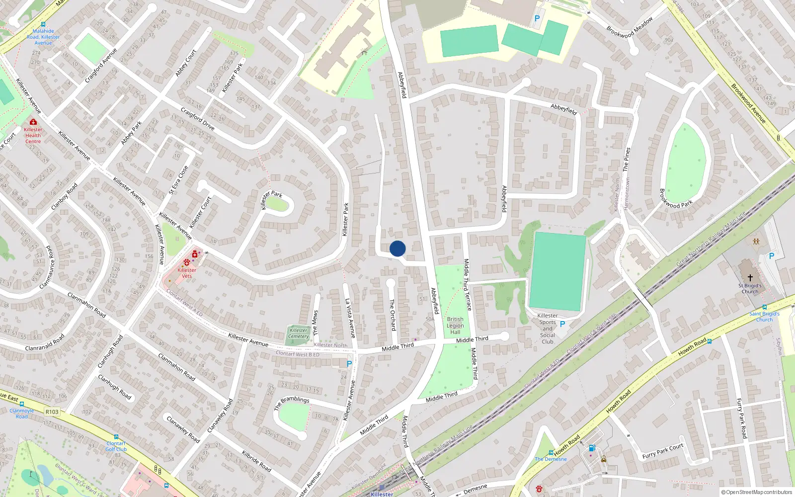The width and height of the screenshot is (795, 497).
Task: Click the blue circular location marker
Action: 397,248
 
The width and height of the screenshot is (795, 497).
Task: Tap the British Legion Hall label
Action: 455,326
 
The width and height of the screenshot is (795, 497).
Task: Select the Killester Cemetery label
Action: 299,333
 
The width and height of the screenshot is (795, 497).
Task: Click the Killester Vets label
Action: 187,273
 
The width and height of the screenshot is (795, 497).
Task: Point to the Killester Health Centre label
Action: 33,135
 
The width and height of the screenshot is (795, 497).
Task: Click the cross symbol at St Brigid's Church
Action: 750,277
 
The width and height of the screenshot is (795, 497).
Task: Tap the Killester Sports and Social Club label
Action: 548,329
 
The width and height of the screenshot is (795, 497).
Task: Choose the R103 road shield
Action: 52,412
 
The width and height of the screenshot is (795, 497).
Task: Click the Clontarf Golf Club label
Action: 116,446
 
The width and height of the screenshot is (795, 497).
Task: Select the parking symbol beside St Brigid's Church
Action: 771,256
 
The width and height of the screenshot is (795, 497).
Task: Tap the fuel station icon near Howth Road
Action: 591,448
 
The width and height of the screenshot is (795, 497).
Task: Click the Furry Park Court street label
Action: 663,451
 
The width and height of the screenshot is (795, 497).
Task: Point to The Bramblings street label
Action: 292,403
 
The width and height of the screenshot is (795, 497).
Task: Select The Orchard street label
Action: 393,315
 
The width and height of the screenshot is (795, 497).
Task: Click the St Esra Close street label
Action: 178,180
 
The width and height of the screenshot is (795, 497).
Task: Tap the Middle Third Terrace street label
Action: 467,284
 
